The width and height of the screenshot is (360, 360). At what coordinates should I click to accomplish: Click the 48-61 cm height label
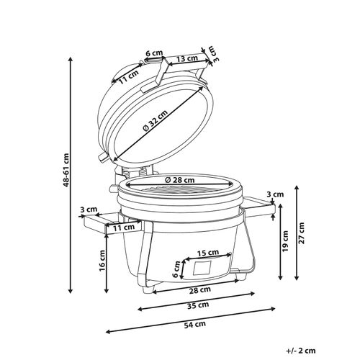66,170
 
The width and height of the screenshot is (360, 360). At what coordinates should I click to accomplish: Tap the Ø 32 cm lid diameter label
156,121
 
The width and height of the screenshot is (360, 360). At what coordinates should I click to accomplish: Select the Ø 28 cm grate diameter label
180,179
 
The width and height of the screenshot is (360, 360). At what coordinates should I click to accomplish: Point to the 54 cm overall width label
195,324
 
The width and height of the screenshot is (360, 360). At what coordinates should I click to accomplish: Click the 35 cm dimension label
198,305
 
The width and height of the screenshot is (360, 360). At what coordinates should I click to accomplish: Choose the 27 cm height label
301,233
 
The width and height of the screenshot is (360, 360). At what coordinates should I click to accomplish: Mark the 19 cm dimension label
285,241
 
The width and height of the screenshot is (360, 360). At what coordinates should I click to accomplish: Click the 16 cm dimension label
102,261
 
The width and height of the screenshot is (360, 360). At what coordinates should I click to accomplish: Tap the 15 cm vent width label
208,253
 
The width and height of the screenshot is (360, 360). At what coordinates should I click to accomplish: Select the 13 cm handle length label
187,58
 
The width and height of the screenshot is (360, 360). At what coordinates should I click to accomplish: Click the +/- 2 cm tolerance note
301,351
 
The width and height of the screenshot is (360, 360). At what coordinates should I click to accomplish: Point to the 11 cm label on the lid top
129,76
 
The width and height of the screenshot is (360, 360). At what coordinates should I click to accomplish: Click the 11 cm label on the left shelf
124,228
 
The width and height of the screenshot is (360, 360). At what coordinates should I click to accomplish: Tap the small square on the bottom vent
202,268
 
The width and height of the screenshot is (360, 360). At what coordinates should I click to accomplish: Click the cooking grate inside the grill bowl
176,189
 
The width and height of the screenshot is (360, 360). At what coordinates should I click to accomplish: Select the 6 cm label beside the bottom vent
177,269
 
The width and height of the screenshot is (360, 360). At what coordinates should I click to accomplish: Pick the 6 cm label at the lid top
154,53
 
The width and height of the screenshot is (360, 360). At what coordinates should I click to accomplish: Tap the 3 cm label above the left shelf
89,210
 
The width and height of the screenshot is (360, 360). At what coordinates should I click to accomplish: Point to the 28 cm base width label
200,289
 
